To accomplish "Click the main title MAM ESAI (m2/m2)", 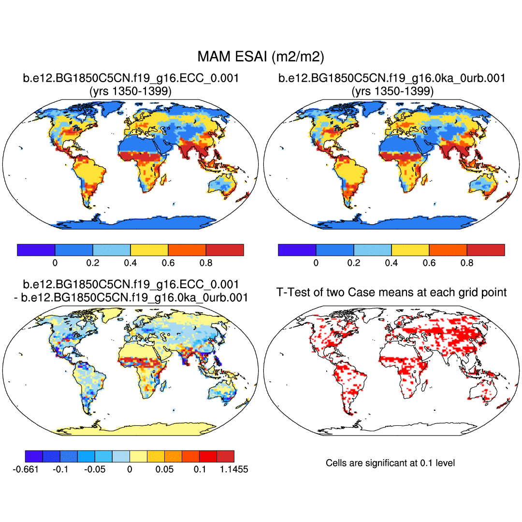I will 261,57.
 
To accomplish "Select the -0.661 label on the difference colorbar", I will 25,469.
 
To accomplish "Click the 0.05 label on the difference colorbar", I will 164,469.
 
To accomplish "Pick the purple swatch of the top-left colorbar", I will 36,250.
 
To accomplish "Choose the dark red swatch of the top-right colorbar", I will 486,250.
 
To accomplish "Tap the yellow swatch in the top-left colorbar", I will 149,250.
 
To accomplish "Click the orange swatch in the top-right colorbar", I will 448,250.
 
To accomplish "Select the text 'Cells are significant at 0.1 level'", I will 390,463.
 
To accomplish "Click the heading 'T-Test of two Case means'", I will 391,292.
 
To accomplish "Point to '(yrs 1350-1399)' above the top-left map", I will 130,91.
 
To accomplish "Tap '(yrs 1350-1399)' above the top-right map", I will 392,91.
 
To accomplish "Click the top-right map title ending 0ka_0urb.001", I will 392,78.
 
